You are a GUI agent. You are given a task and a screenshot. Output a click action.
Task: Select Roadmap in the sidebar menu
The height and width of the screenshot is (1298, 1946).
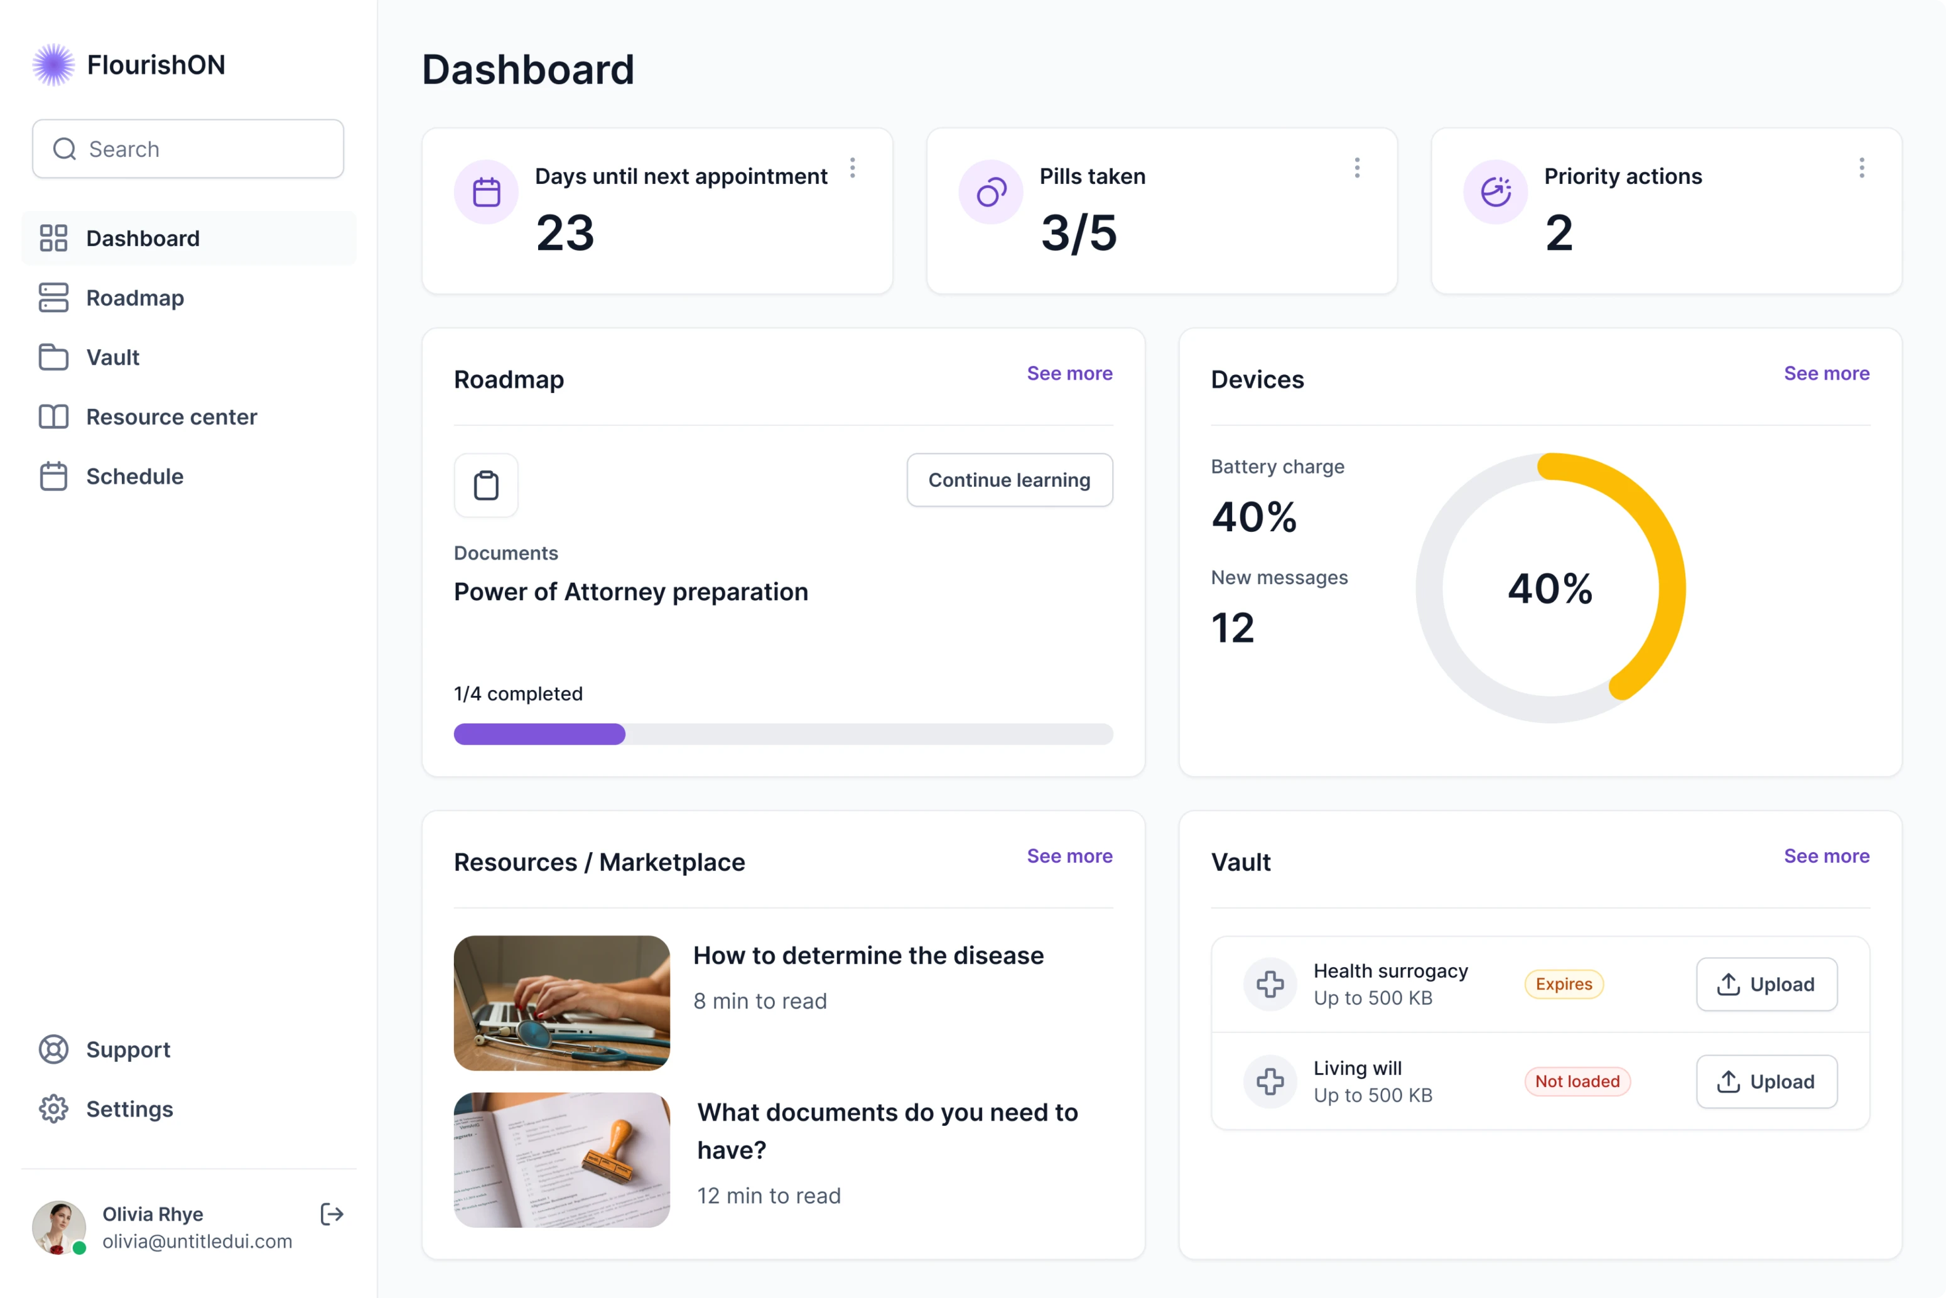[x=135, y=298]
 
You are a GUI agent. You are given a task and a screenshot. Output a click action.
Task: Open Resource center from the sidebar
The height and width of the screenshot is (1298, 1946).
[x=171, y=417]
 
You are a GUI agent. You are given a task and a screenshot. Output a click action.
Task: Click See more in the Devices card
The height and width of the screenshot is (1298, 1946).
[x=1826, y=374]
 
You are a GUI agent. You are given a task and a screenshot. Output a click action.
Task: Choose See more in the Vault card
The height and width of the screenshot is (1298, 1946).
[x=1826, y=856]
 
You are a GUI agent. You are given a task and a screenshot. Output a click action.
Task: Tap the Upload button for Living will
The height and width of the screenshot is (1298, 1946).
[x=1766, y=1081]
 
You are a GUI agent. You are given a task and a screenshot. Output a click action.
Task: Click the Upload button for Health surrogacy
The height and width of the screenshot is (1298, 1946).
[x=1766, y=984]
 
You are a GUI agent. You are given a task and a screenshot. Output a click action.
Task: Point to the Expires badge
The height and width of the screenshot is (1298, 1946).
[x=1564, y=984]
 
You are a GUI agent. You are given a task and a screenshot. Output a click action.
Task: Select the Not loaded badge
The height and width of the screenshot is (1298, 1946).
[x=1577, y=1081]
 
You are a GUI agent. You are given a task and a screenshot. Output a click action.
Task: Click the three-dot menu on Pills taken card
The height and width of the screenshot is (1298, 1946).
[x=1356, y=168]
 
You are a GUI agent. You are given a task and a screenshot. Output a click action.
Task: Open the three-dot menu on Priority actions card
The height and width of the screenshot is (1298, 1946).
[x=1862, y=168]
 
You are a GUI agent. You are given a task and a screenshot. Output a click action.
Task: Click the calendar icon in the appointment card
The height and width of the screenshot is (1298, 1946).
[x=487, y=192]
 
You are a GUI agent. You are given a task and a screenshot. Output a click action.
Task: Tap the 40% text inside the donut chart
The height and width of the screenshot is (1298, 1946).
[x=1550, y=588]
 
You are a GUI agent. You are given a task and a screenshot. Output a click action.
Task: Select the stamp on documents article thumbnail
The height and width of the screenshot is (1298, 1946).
[x=561, y=1160]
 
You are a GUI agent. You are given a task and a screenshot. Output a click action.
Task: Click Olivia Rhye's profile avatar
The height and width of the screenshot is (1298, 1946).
[x=58, y=1227]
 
